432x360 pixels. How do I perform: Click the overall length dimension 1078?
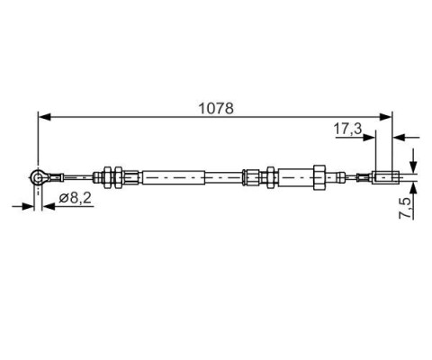click(x=216, y=108)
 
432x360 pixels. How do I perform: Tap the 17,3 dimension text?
click(x=348, y=129)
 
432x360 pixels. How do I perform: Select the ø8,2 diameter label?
click(x=75, y=198)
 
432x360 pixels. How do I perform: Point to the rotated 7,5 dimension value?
click(x=405, y=208)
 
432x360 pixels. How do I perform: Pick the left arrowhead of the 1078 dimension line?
click(x=44, y=117)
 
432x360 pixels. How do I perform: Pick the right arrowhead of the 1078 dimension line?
click(x=385, y=117)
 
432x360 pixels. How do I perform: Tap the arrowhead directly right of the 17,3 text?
click(x=369, y=138)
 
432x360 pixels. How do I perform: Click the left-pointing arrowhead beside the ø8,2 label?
click(x=48, y=206)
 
